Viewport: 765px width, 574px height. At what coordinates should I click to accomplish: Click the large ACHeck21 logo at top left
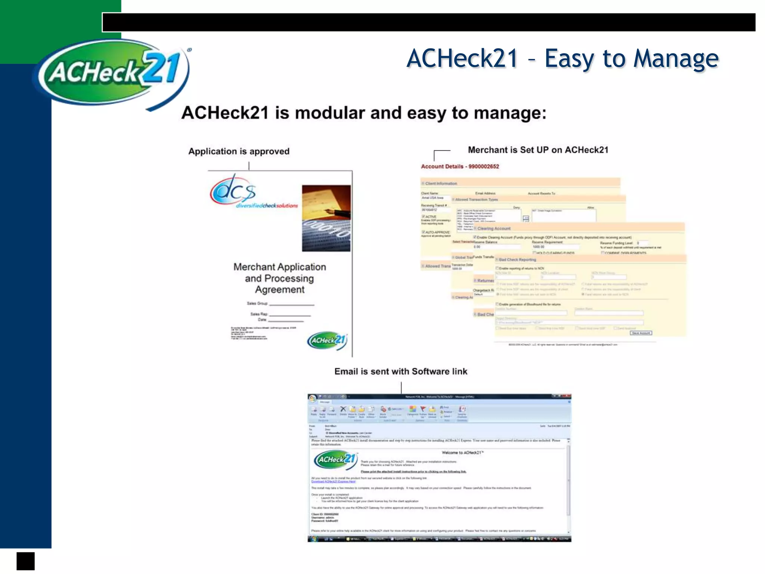tap(112, 73)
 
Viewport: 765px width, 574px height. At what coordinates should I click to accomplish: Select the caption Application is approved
tap(239, 151)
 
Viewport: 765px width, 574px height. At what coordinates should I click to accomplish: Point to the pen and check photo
tap(326, 218)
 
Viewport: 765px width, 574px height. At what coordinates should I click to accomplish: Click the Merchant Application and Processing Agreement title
tap(280, 278)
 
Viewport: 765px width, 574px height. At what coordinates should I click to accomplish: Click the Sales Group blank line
tap(291, 305)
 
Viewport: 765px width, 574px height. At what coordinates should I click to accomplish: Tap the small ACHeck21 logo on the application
tap(327, 340)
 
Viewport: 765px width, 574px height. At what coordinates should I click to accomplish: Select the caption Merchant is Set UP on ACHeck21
tap(538, 150)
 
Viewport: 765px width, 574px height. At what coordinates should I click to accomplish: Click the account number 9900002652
tap(484, 167)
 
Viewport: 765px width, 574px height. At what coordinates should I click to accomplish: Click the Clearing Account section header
tap(494, 228)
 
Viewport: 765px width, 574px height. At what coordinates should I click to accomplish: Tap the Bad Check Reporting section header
tap(517, 259)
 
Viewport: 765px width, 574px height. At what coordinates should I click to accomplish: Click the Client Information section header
tap(441, 183)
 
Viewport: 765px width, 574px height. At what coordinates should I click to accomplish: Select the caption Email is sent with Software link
tap(400, 371)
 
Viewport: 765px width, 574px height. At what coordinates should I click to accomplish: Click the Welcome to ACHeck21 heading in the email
tap(462, 453)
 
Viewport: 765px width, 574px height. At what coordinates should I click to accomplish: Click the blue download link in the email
tap(333, 482)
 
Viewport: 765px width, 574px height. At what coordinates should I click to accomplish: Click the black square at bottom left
tap(25, 561)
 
